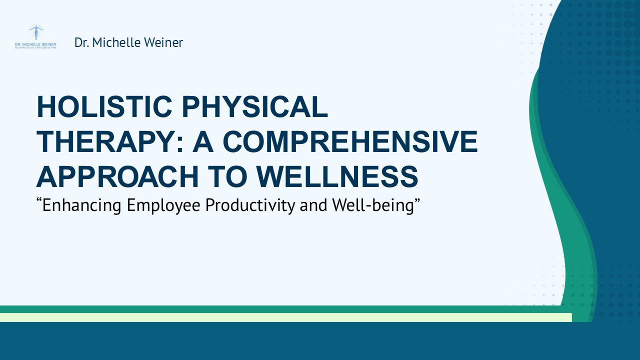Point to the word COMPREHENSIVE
point(350,141)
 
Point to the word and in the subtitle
point(312,205)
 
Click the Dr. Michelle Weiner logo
point(35,37)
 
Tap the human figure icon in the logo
point(36,32)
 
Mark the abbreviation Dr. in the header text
point(82,42)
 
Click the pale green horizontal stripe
point(285,317)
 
